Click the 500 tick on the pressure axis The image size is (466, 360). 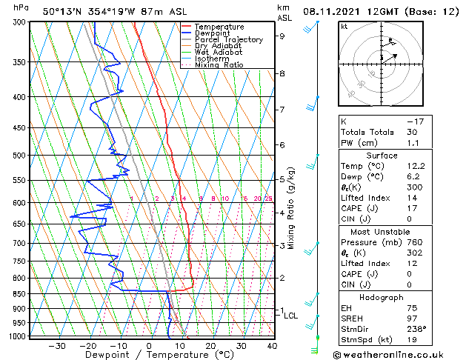[19, 156]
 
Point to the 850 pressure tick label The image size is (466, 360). [19, 294]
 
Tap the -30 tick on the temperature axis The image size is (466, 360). [57, 346]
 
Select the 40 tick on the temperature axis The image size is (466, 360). [272, 346]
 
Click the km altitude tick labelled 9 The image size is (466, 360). [282, 36]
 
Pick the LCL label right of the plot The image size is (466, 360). [291, 316]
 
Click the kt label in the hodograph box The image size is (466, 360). [344, 27]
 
